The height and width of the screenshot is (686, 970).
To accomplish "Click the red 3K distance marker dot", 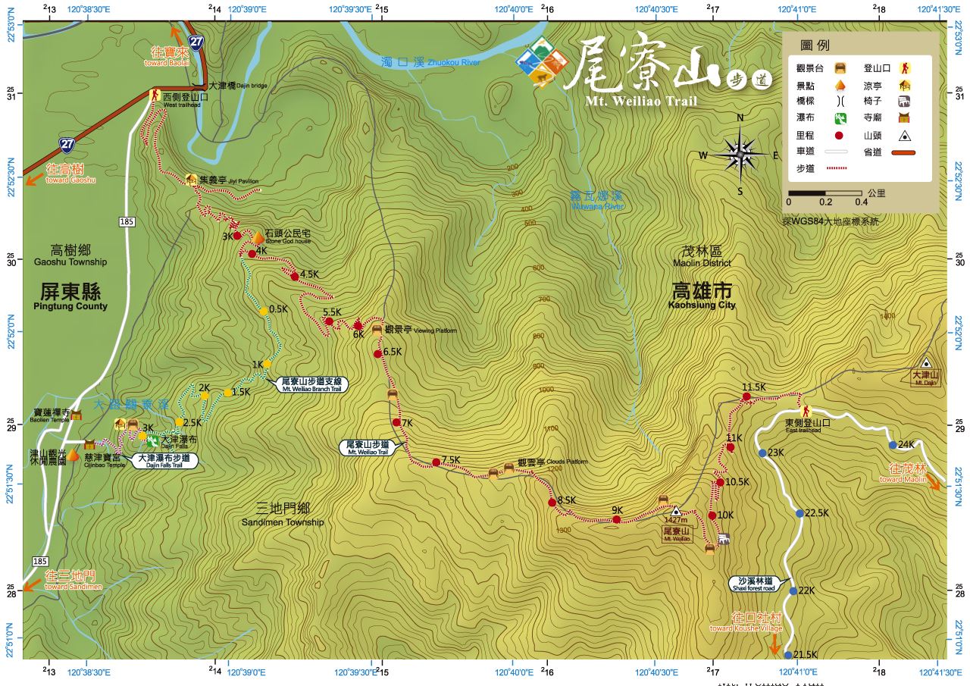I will [x=237, y=236].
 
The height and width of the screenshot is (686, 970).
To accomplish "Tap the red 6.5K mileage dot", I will [x=377, y=353].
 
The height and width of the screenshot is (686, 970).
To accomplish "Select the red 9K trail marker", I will [x=617, y=520].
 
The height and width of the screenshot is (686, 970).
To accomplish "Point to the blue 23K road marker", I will [x=762, y=453].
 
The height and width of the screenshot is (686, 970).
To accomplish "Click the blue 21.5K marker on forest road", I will [x=788, y=655].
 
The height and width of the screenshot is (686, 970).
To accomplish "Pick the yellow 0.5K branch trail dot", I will [x=263, y=311].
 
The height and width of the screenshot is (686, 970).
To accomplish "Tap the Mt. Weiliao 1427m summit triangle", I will [x=676, y=512].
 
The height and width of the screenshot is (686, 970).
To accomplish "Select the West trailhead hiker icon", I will [x=155, y=96].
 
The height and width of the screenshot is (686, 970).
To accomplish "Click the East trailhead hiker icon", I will [x=806, y=410].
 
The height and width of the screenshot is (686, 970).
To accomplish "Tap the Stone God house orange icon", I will [x=257, y=238].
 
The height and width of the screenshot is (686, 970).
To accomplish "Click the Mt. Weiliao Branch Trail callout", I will [x=312, y=384].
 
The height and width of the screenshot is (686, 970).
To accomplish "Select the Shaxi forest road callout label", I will [x=753, y=584].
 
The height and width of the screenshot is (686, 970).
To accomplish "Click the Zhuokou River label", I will [x=430, y=61].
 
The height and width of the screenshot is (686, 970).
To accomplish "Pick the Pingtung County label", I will [x=70, y=296].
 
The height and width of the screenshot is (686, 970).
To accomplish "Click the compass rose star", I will [x=740, y=155].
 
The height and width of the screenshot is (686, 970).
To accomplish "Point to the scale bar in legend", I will [x=824, y=193].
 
